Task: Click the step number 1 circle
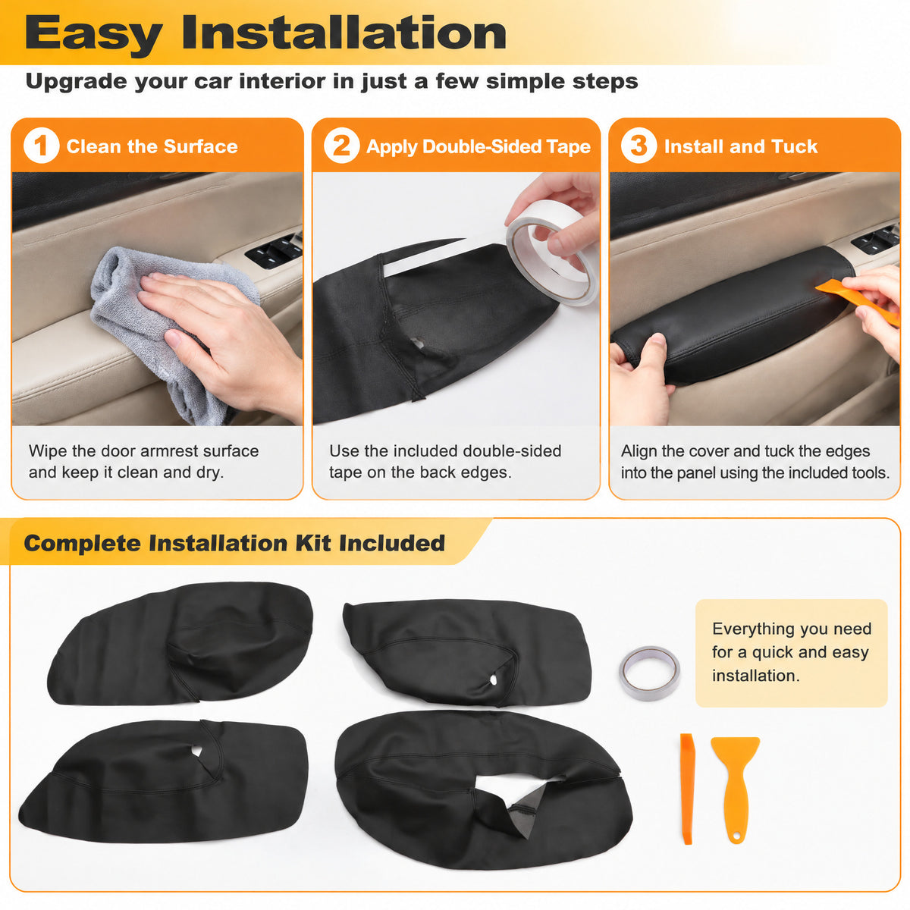pyautogui.click(x=41, y=146)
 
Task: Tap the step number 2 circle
pyautogui.click(x=341, y=146)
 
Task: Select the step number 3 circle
pyautogui.click(x=639, y=146)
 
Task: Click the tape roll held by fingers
pyautogui.click(x=551, y=253)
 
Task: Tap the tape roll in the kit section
pyautogui.click(x=649, y=673)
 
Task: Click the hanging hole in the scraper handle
pyautogui.click(x=736, y=836)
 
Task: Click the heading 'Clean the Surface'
pyautogui.click(x=152, y=146)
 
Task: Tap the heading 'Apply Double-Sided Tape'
pyautogui.click(x=479, y=147)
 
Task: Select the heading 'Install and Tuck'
pyautogui.click(x=740, y=146)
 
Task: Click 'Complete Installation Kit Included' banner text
pyautogui.click(x=234, y=543)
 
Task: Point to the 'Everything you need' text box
pyautogui.click(x=791, y=653)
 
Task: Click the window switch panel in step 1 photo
pyautogui.click(x=274, y=249)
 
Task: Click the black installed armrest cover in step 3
pyautogui.click(x=732, y=314)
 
